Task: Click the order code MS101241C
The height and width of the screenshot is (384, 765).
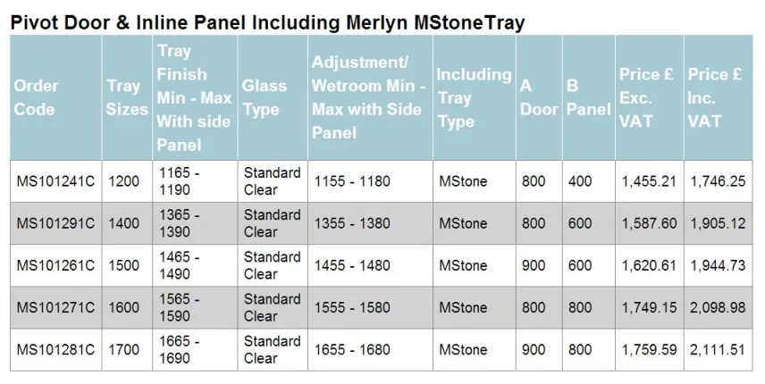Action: [55, 181]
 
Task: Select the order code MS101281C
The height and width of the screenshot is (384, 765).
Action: [55, 350]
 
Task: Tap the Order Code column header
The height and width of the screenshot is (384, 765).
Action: [36, 97]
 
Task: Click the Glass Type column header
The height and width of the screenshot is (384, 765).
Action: [265, 97]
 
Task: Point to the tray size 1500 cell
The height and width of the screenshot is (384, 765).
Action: [124, 265]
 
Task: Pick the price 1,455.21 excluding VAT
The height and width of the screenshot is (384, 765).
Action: [649, 181]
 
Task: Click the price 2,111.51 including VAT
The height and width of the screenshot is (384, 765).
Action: [718, 350]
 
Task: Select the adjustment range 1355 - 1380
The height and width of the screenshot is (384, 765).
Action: [351, 223]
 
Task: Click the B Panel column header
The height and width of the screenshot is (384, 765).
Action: [588, 97]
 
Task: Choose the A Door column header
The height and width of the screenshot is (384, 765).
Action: [539, 97]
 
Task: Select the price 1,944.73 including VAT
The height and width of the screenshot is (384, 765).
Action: [718, 265]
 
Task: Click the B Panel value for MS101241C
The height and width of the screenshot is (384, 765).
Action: [580, 181]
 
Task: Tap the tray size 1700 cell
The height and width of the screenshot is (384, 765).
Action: [124, 350]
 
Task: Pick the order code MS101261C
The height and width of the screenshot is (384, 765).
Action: [55, 265]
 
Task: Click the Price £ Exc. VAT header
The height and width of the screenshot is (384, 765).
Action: [647, 97]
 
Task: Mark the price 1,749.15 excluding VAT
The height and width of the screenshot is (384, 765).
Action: [649, 307]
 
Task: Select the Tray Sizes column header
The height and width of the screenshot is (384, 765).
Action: [127, 97]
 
